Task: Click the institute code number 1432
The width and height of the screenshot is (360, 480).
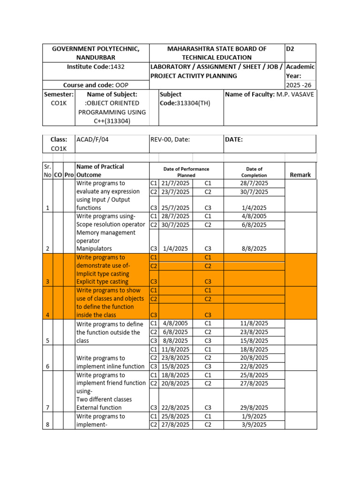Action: pyautogui.click(x=117, y=67)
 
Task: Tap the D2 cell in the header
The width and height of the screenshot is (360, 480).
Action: pyautogui.click(x=291, y=49)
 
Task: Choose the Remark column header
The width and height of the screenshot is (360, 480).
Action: pyautogui.click(x=300, y=174)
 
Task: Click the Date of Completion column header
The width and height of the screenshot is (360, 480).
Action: pyautogui.click(x=254, y=172)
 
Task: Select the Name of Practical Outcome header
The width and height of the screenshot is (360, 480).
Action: pyautogui.click(x=100, y=171)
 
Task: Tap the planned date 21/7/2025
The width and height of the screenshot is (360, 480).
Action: pyautogui.click(x=176, y=183)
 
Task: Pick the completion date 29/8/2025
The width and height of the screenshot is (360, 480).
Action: pyautogui.click(x=254, y=408)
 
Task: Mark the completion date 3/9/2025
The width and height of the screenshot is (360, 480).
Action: pyautogui.click(x=254, y=425)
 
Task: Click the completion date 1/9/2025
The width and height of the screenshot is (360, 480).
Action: pyautogui.click(x=254, y=416)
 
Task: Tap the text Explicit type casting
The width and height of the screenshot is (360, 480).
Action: pyautogui.click(x=103, y=282)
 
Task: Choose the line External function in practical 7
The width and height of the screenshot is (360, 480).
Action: pyautogui.click(x=100, y=408)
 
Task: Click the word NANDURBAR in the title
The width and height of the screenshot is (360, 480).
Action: pyautogui.click(x=95, y=57)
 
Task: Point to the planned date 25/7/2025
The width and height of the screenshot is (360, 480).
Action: pyautogui.click(x=176, y=208)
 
